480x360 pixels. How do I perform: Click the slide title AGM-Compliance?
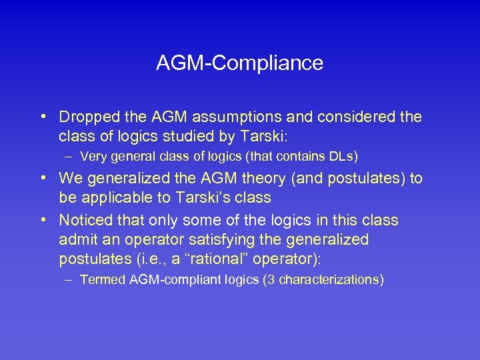point(239,63)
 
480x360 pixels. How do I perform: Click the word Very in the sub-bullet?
point(93,157)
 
